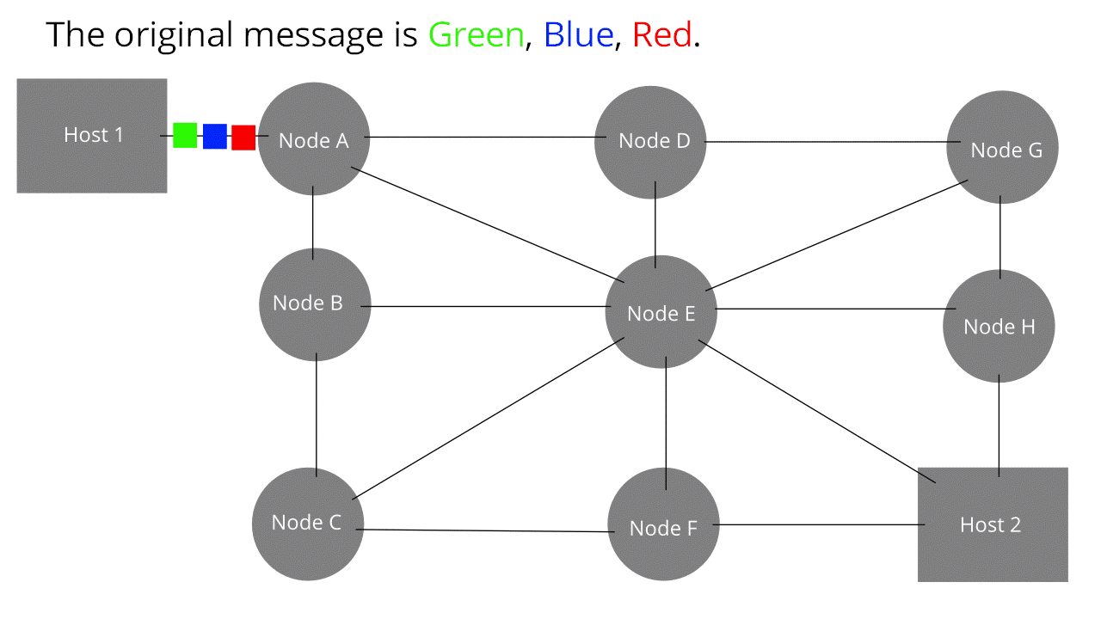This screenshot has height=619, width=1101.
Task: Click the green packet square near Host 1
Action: (x=185, y=135)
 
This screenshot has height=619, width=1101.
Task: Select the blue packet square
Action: (x=214, y=137)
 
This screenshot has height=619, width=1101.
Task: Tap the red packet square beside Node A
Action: (x=243, y=138)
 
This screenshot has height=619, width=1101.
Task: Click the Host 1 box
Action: (x=92, y=136)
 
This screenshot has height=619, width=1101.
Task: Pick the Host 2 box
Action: (x=993, y=524)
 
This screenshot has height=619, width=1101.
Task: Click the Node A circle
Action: (x=314, y=138)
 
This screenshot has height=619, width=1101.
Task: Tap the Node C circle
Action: (x=308, y=524)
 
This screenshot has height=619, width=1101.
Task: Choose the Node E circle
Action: (x=661, y=312)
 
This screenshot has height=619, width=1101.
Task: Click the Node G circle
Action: (x=1002, y=148)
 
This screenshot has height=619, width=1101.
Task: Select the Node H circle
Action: (x=999, y=326)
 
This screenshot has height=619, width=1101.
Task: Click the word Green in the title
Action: (x=477, y=35)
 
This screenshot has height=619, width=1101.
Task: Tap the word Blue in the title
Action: (x=579, y=35)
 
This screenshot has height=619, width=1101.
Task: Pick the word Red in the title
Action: (x=662, y=35)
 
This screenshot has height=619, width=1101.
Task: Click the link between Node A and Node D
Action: (x=482, y=138)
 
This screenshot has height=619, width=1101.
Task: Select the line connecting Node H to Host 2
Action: (x=999, y=426)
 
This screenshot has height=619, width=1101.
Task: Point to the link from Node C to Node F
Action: (x=486, y=531)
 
